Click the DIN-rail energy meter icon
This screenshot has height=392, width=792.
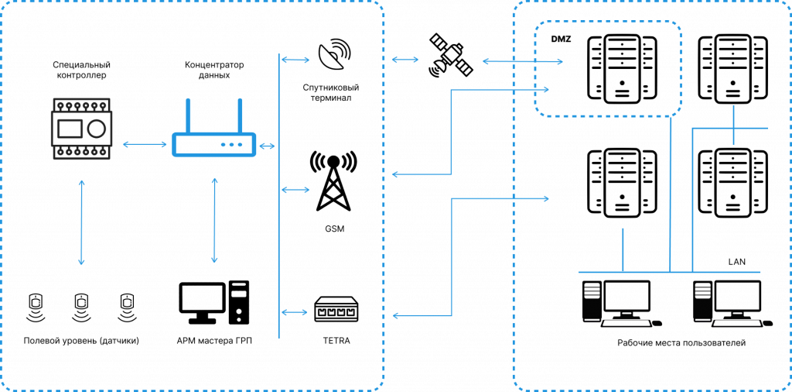pyautogui.click(x=81, y=129)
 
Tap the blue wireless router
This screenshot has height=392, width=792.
pyautogui.click(x=213, y=143)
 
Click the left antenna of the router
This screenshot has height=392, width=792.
pyautogui.click(x=188, y=116)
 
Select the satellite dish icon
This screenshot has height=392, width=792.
pyautogui.click(x=336, y=55)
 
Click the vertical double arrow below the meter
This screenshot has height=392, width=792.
pyautogui.click(x=81, y=222)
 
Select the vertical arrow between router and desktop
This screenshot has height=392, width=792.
pyautogui.click(x=214, y=220)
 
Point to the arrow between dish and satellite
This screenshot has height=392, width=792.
pyautogui.click(x=405, y=59)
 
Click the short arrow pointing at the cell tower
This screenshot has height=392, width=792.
pyautogui.click(x=294, y=190)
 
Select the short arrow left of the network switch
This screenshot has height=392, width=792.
pyautogui.click(x=294, y=312)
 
